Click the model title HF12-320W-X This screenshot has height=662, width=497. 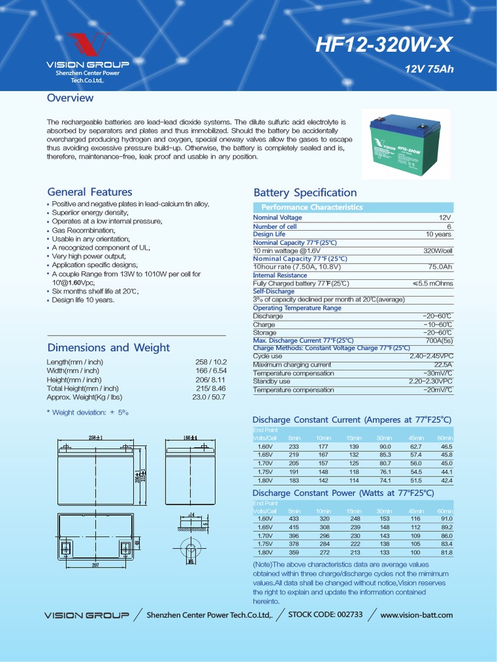point(383,45)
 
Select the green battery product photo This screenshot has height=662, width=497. point(397,147)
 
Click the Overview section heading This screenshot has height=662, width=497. point(70,98)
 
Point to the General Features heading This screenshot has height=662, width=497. point(89,192)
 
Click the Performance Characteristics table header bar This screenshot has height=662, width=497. point(311,207)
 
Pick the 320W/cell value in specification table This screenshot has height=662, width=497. point(438,250)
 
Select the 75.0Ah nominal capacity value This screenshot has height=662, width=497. point(440,266)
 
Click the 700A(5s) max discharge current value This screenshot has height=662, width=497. point(439,340)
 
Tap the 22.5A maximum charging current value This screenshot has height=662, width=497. point(443,365)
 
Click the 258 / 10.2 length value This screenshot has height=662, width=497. point(211,362)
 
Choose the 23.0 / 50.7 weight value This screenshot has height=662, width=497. point(209,397)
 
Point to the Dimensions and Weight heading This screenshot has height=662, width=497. point(108,347)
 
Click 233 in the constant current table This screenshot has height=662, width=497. point(294,447)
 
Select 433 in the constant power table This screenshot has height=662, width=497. point(294,519)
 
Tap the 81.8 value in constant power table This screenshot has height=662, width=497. point(447,553)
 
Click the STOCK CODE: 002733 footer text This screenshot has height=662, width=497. point(325,614)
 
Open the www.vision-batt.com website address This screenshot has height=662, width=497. point(416,615)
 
